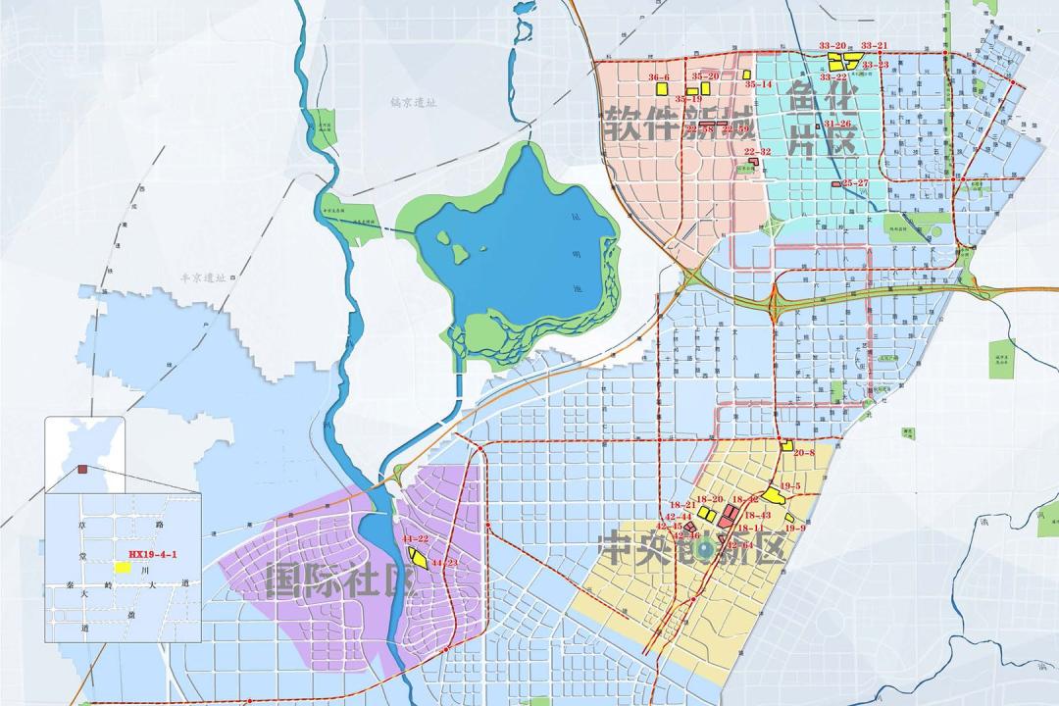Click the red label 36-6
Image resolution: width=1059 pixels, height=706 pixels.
[659, 77]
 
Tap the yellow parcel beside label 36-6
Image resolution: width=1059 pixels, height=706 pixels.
[662, 88]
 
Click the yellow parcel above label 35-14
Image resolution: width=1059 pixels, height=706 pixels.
[746, 74]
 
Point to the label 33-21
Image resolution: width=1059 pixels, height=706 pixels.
[874, 46]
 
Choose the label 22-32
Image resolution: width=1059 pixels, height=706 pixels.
[757, 152]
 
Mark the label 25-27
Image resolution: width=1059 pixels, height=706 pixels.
[855, 183]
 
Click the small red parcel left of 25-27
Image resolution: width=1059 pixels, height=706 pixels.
[835, 184]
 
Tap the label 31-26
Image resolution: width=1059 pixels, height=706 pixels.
[837, 125]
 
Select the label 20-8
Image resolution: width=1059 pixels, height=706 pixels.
[804, 453]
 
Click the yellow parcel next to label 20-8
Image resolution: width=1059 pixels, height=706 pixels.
[786, 445]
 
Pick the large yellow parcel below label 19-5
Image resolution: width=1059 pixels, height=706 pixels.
[775, 496]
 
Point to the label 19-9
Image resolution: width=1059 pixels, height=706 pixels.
[795, 528]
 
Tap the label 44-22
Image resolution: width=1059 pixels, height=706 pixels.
[416, 540]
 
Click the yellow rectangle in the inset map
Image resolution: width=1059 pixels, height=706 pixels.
[124, 567]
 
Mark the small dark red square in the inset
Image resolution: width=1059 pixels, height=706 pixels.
[82, 469]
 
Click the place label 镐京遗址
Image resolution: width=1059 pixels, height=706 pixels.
[412, 101]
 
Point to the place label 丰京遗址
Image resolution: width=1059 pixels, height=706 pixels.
[203, 277]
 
